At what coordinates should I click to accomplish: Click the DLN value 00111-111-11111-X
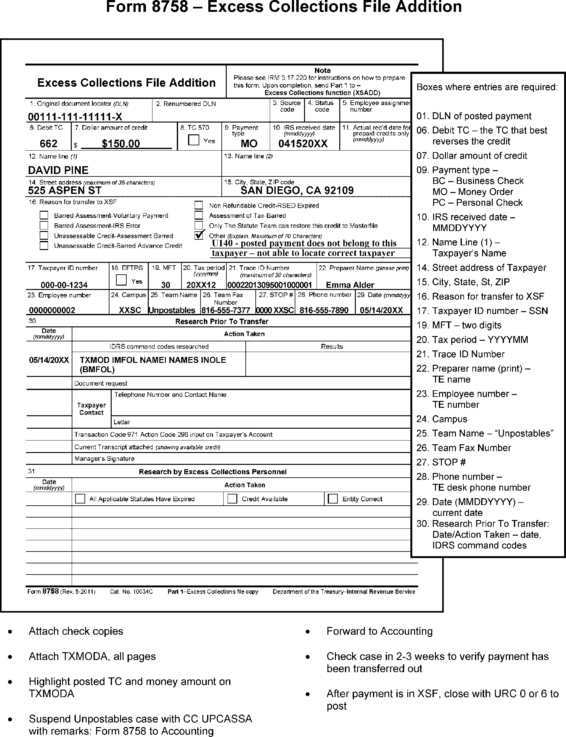tap(75, 117)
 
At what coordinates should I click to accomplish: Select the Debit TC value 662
tap(49, 144)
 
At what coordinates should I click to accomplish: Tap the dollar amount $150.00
tap(121, 144)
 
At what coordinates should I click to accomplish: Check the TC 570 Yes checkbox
tap(194, 140)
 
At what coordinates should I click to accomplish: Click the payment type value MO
tap(249, 144)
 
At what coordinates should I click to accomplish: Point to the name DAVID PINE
tap(58, 170)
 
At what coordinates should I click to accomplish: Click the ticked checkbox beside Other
tap(199, 235)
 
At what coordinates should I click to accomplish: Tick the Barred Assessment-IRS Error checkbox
tap(44, 225)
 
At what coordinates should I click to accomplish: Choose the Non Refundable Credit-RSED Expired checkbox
tap(199, 205)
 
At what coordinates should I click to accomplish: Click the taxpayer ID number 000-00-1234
tap(64, 285)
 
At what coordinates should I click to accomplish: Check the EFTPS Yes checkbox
tap(121, 280)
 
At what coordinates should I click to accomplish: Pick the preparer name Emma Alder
tap(350, 285)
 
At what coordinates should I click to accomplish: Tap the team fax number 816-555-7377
tap(225, 310)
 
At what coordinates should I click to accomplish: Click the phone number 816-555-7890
tap(324, 310)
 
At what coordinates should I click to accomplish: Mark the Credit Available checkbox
tap(232, 499)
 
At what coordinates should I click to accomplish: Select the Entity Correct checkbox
tap(333, 499)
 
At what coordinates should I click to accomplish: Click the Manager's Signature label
tap(104, 458)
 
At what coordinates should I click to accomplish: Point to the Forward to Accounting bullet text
tap(379, 631)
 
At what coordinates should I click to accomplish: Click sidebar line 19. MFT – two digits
tap(459, 325)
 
